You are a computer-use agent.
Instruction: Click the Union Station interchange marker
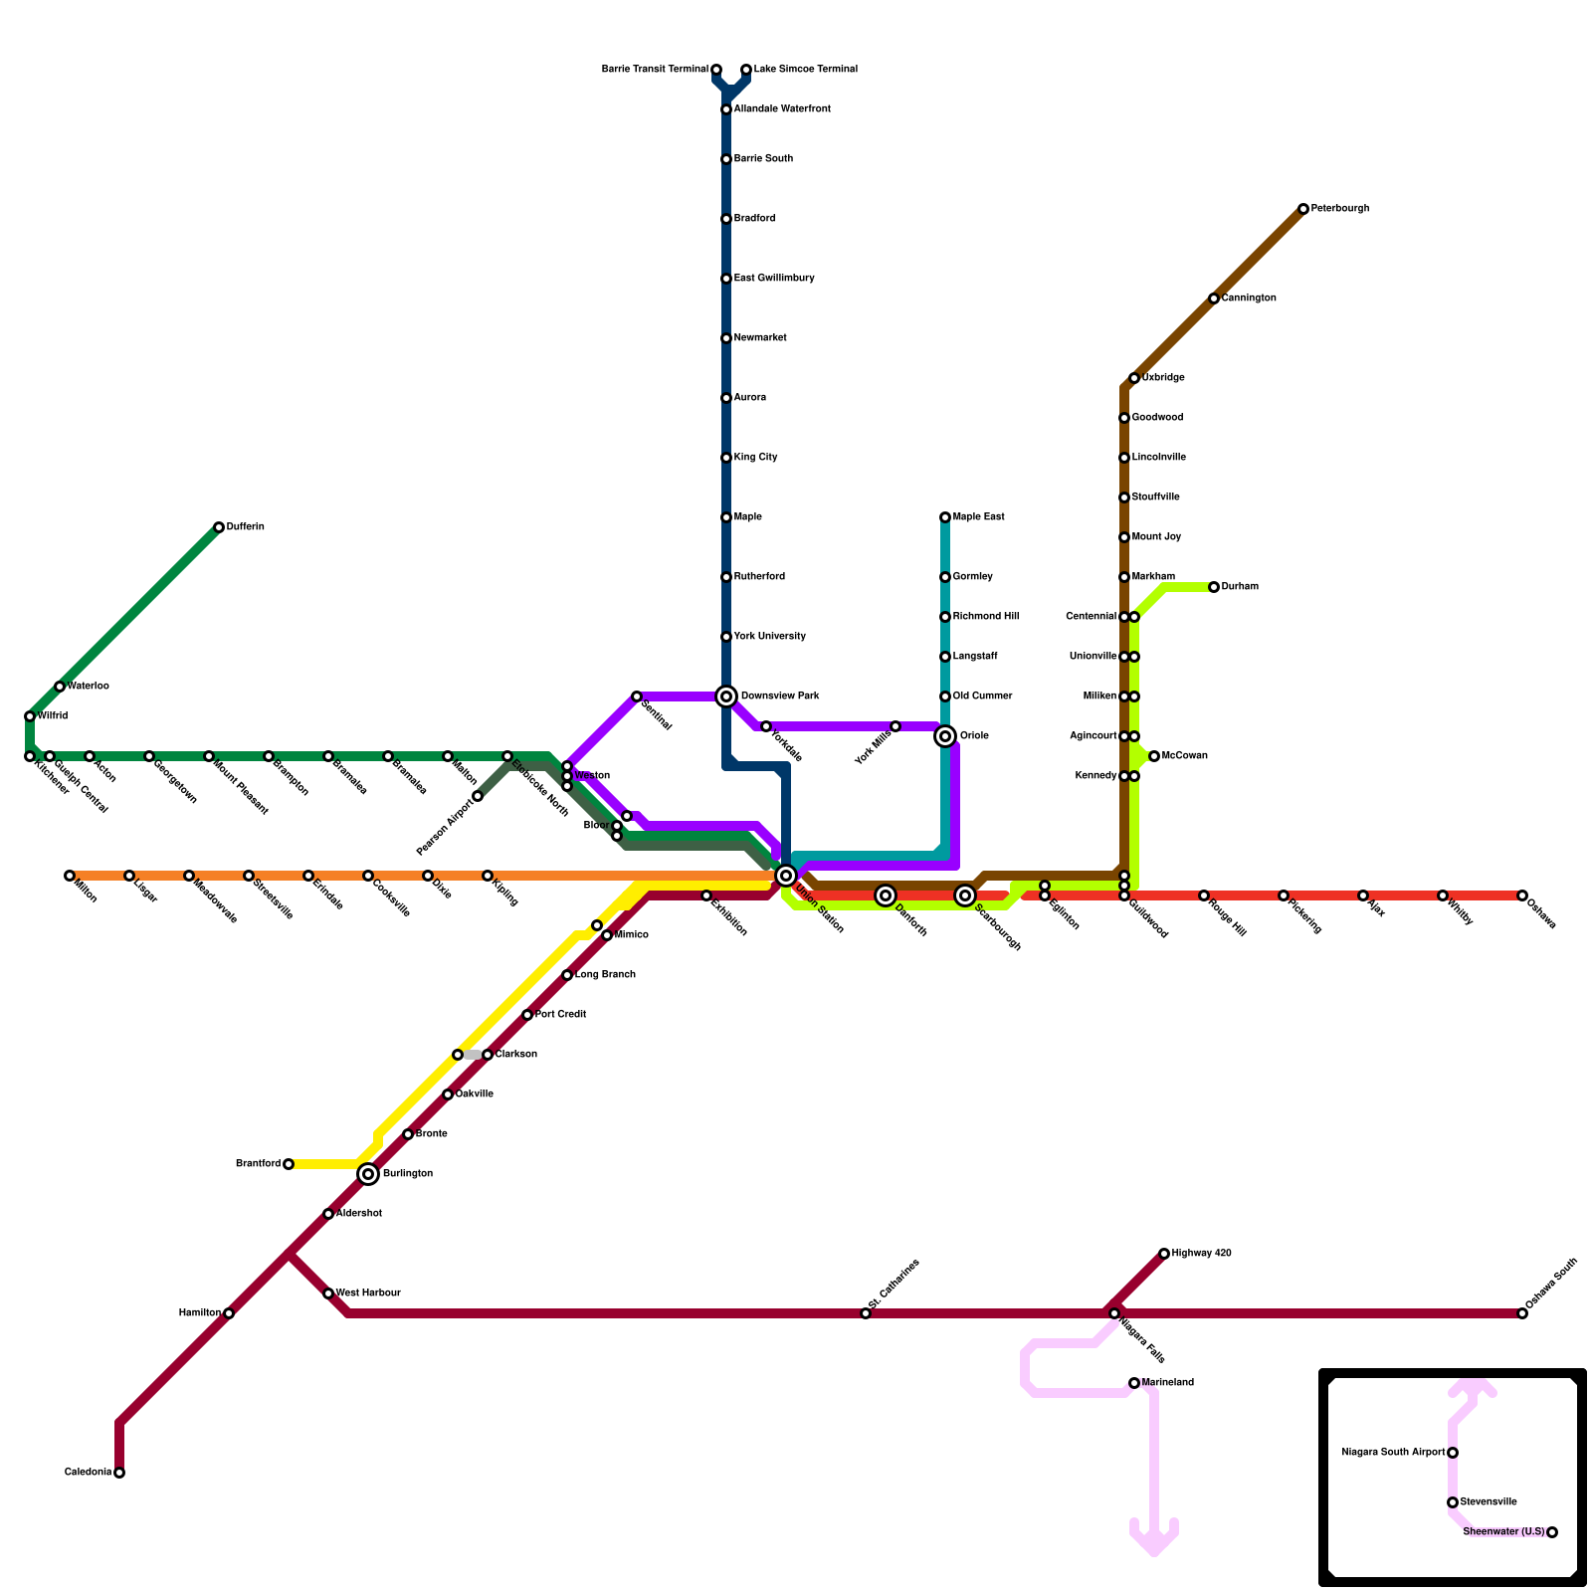point(786,876)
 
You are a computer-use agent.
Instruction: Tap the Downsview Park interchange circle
point(726,696)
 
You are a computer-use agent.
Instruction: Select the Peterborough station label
point(1339,209)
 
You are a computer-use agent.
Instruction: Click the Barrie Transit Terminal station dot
point(716,70)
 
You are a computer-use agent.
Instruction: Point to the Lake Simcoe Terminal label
point(805,70)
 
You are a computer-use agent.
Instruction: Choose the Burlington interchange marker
point(368,1174)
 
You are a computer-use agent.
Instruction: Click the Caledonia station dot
point(119,1473)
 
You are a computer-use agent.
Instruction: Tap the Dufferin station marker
point(219,527)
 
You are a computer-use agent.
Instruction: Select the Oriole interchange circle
point(945,736)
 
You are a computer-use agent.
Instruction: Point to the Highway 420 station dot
point(1164,1254)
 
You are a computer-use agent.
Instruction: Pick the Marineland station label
point(1167,1383)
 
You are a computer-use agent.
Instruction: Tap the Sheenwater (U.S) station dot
point(1552,1532)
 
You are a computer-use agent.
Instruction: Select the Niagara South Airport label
point(1393,1453)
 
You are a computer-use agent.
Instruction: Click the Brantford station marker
point(289,1164)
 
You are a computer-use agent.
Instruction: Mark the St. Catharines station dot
point(866,1313)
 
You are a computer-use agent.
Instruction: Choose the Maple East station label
point(978,517)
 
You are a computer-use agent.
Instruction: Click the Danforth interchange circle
point(886,895)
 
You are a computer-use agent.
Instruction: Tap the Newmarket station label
point(759,338)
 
